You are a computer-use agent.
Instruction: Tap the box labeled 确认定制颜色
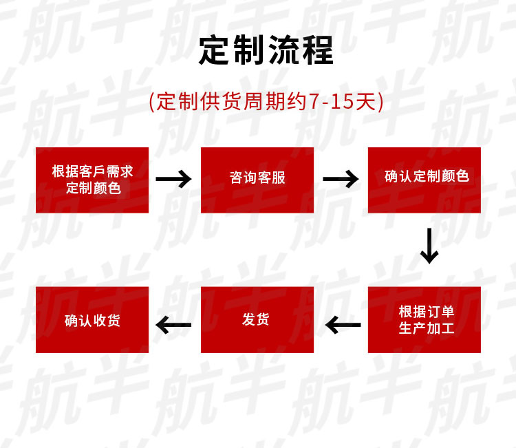click(x=425, y=178)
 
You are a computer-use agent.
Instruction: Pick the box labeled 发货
click(x=257, y=320)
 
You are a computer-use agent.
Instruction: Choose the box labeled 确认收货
click(x=92, y=320)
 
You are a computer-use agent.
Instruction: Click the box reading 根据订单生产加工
click(x=425, y=320)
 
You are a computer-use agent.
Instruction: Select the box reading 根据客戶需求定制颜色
click(x=92, y=180)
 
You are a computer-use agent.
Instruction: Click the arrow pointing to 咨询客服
click(x=173, y=180)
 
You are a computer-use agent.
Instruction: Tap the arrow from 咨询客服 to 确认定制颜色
click(x=341, y=180)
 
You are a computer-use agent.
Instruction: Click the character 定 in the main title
click(x=214, y=50)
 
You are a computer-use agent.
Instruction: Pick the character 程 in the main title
click(x=317, y=50)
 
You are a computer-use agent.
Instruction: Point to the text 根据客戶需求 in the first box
click(x=92, y=171)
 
